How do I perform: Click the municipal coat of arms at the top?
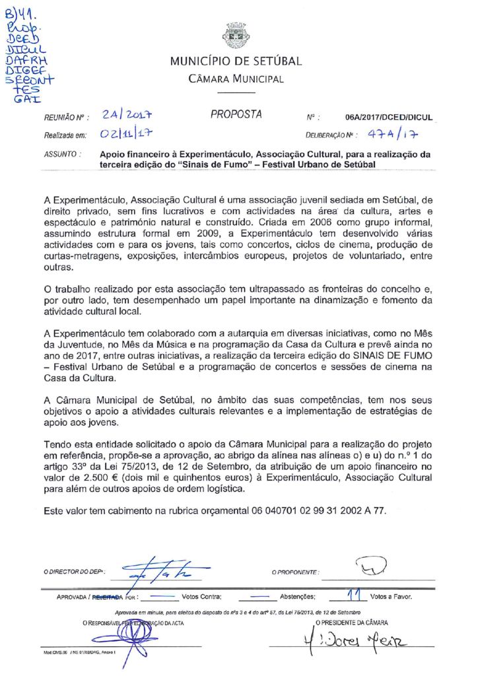(x=236, y=35)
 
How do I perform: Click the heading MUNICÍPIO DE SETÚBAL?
(x=236, y=62)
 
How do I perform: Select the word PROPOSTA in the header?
(x=236, y=114)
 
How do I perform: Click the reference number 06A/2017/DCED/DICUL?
(x=388, y=118)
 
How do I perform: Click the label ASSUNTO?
(x=62, y=154)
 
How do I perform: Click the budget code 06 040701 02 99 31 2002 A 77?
(x=318, y=511)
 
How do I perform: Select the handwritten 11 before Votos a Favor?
(x=357, y=595)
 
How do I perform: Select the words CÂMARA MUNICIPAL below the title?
(x=236, y=80)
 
